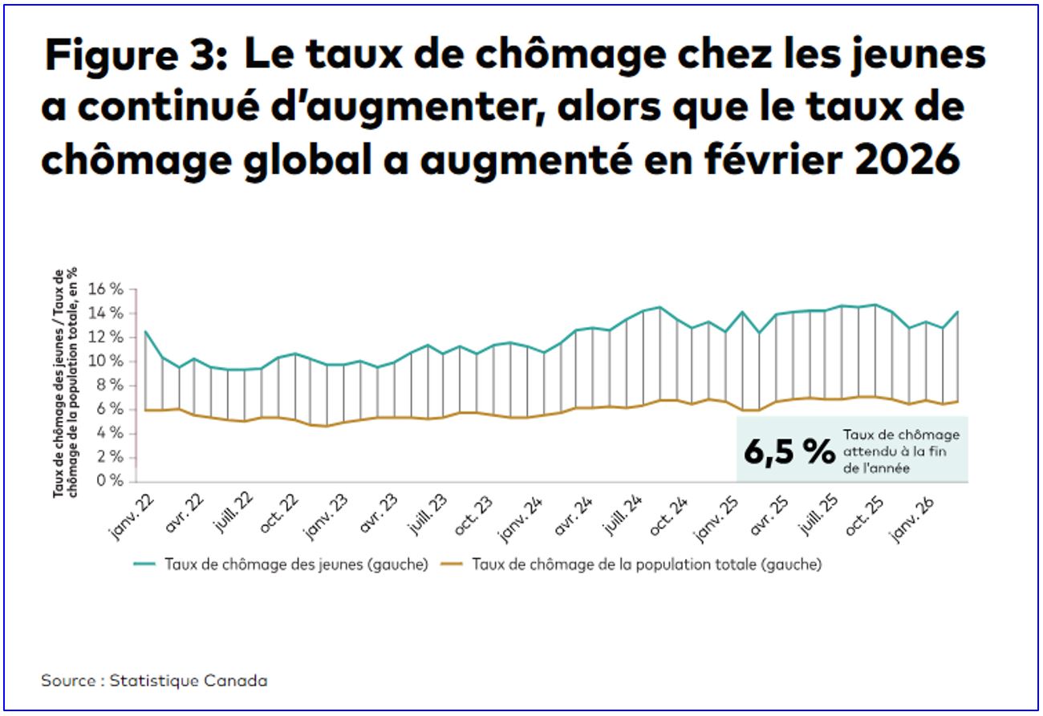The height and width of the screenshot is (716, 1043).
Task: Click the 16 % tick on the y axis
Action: click(108, 289)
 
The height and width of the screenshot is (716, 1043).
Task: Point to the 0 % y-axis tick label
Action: click(112, 481)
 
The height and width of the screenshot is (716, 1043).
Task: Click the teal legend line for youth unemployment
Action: click(145, 564)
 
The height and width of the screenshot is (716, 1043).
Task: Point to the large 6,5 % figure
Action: click(789, 451)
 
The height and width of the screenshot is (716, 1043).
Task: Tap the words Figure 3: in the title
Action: click(135, 56)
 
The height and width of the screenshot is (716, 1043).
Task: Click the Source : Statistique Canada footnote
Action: click(154, 681)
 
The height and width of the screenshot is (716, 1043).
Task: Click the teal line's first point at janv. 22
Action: click(145, 331)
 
